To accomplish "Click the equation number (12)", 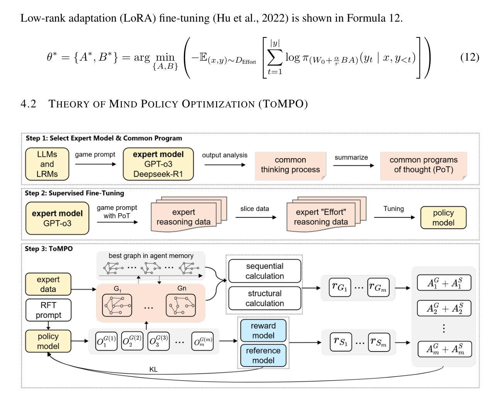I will (x=470, y=58).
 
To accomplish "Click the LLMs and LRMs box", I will (x=47, y=164).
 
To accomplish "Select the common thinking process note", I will (x=290, y=165).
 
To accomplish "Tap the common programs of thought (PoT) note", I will (x=423, y=165).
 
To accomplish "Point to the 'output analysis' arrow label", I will (x=225, y=155).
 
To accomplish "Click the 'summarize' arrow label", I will (x=351, y=158).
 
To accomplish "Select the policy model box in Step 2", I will (x=443, y=218).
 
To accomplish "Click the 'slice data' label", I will (x=255, y=209).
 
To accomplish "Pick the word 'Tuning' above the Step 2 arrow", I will (x=393, y=209).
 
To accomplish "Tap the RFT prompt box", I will (x=48, y=310).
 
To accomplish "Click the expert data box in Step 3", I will (x=48, y=284).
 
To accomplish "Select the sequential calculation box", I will (x=265, y=271).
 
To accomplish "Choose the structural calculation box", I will (x=265, y=299).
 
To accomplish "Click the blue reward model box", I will (x=263, y=331).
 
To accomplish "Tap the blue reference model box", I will (x=263, y=356).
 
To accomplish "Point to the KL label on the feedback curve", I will (x=153, y=369).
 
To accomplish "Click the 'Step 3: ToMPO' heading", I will (x=49, y=249).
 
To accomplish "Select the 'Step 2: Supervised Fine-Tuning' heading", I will (x=75, y=193).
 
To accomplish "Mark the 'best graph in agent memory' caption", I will (x=151, y=256).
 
